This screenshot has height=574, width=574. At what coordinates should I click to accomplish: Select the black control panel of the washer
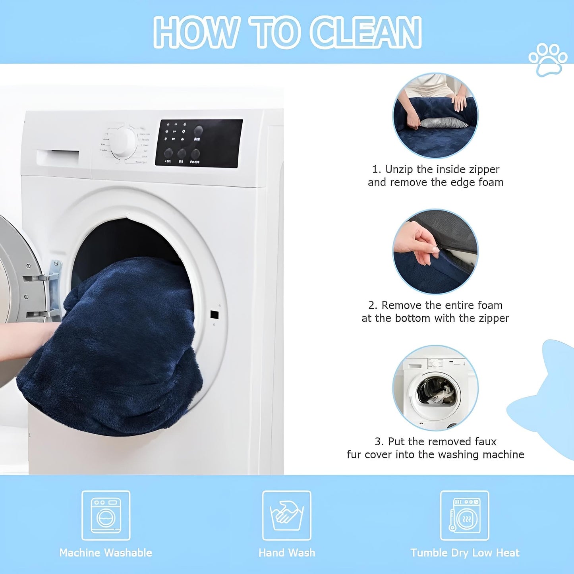pos(199,143)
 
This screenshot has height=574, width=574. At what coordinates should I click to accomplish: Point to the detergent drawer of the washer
pos(58,157)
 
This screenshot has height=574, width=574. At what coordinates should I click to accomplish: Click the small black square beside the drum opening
pos(214,314)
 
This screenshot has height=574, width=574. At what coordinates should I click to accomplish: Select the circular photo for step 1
pos(435,115)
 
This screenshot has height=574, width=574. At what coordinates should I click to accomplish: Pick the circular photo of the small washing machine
pos(435,388)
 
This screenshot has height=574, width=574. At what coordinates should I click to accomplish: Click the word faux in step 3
pos(486,441)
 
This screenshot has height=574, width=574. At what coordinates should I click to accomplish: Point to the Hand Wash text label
pos(286,553)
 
